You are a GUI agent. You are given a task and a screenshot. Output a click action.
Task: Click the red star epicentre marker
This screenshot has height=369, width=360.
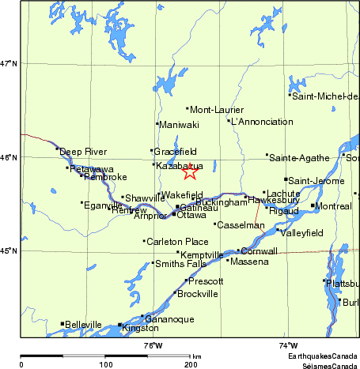[190, 171]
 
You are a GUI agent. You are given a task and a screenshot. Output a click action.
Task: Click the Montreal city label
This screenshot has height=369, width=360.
[333, 206]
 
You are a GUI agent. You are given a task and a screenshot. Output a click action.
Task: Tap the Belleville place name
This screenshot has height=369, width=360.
[84, 324]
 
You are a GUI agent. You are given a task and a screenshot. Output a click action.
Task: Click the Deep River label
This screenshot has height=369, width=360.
[81, 150]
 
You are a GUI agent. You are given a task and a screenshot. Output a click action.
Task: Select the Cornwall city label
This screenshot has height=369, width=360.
[260, 251]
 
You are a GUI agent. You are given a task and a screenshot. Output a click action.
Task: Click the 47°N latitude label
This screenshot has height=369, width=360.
[9, 63]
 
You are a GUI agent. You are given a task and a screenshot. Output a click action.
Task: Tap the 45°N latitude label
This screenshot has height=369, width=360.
[9, 251]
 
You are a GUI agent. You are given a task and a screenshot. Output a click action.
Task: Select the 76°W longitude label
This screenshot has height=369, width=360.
[153, 345]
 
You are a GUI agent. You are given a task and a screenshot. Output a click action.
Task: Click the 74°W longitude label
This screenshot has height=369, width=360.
[288, 345]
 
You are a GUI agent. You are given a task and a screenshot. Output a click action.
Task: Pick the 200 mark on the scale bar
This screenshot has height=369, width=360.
[191, 364]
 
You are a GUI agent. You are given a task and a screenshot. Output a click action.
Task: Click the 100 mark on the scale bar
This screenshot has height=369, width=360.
[105, 364]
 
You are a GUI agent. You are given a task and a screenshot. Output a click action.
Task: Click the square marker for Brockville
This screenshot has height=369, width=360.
[174, 293]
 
